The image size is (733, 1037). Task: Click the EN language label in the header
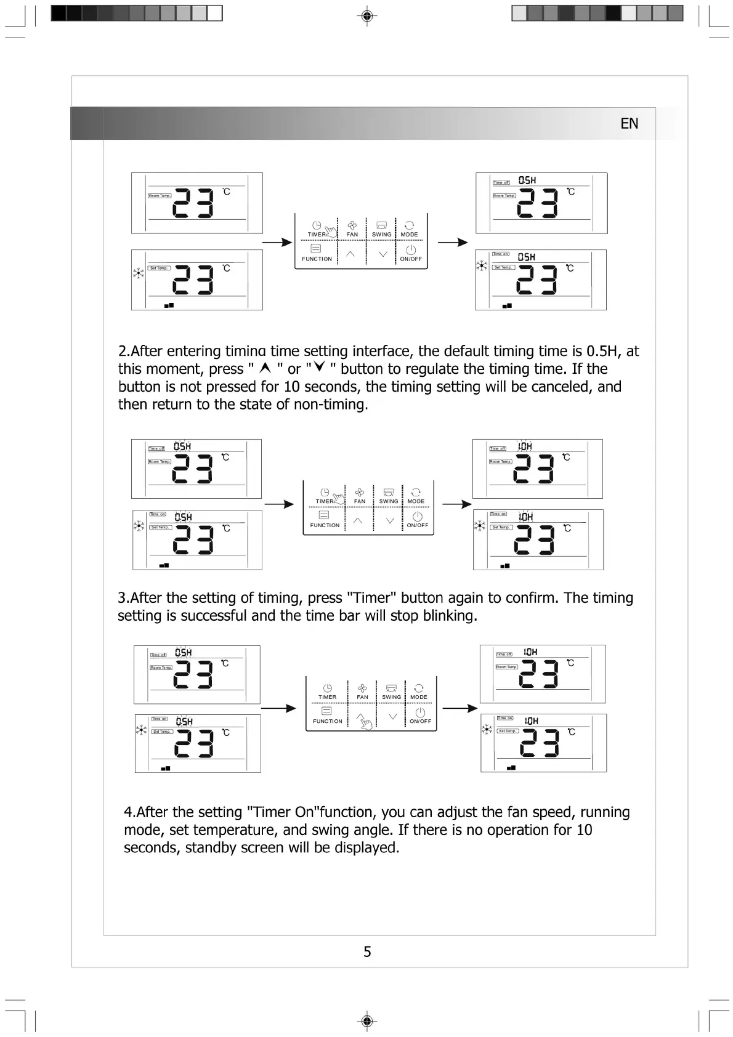[x=629, y=124]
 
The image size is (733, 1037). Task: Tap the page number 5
[x=367, y=952]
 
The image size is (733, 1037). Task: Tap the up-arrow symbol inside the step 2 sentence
[x=265, y=368]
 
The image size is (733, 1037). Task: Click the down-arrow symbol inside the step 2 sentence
[x=318, y=368]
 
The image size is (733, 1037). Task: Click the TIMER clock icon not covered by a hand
[x=328, y=688]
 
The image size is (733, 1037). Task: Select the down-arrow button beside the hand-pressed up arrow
[x=392, y=716]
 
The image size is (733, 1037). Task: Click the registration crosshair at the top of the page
[x=366, y=15]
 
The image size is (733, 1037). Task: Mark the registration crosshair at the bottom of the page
[x=366, y=1021]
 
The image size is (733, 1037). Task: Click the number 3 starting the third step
[x=122, y=598]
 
